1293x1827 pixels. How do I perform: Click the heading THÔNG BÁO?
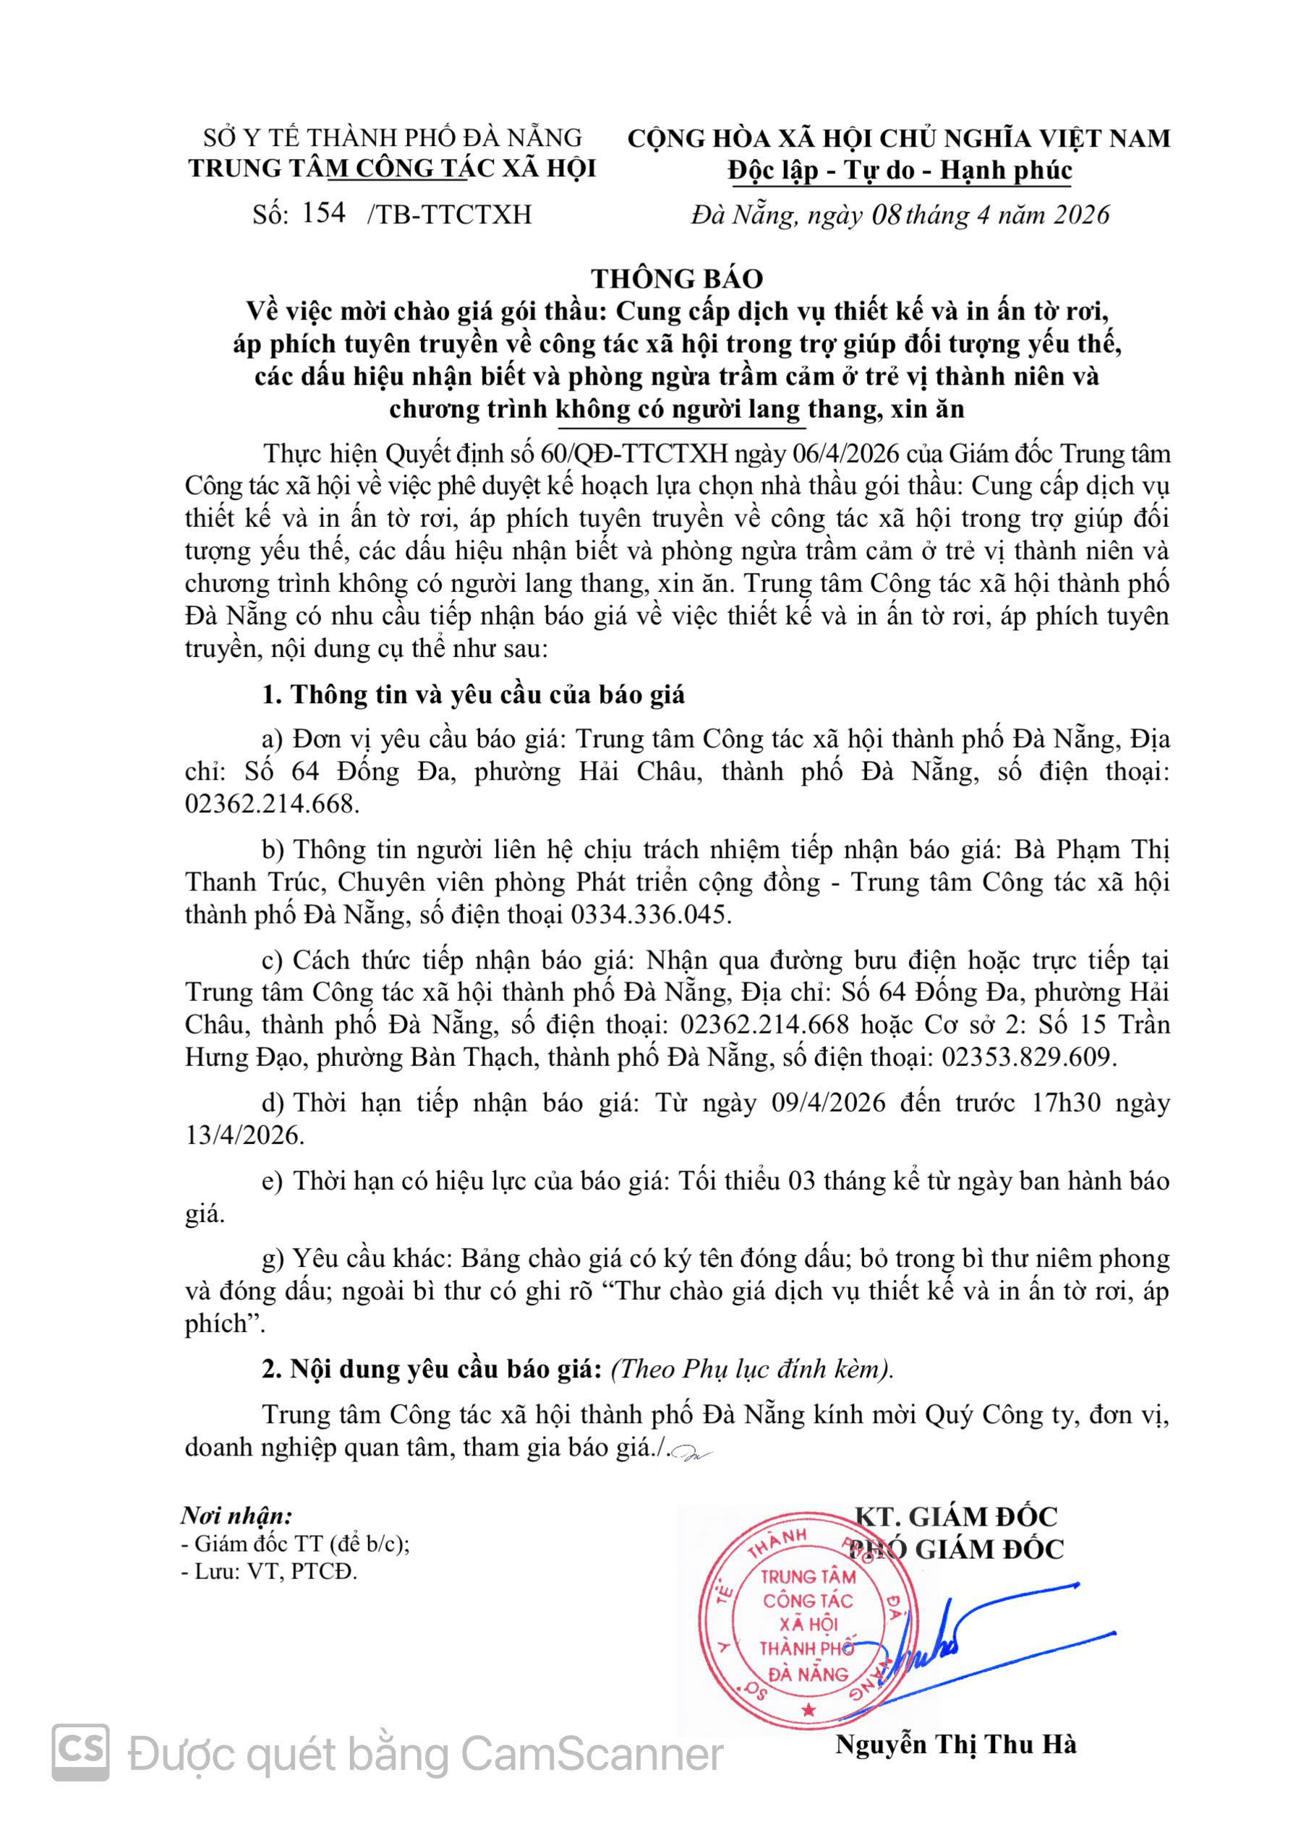(x=677, y=278)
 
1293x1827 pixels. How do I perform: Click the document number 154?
(x=323, y=212)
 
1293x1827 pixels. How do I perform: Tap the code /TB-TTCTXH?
(x=449, y=215)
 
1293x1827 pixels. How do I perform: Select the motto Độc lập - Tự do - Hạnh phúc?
(x=899, y=171)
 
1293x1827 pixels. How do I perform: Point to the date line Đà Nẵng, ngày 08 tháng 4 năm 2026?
(x=900, y=215)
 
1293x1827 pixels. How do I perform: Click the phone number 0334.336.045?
(x=649, y=914)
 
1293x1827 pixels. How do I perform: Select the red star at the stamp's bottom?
(x=809, y=1708)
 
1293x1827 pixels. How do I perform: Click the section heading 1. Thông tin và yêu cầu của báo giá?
(x=473, y=695)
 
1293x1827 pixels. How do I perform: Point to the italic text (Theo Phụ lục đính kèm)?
(x=751, y=1369)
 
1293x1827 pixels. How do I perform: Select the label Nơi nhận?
(x=236, y=1515)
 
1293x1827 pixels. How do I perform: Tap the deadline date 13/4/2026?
(x=244, y=1135)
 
